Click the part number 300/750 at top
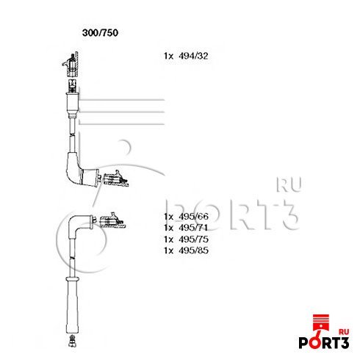pos(100,32)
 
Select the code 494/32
pos(193,56)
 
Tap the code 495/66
pos(193,216)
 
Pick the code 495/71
pos(193,228)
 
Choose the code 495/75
pos(193,239)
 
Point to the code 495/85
pos(193,251)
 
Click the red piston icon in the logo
pos(321,325)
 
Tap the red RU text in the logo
pos(344,332)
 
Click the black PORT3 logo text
pos(324,342)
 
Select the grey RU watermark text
pos(289,184)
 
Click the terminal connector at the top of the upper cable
pos(71,65)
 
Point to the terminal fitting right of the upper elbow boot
pos(115,179)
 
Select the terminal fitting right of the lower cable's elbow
pos(112,220)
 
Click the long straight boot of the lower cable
pos(73,306)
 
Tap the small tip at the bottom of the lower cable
pos(72,340)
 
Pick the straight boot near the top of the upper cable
pos(73,105)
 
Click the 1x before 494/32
pos(168,56)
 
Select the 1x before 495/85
pos(168,251)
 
